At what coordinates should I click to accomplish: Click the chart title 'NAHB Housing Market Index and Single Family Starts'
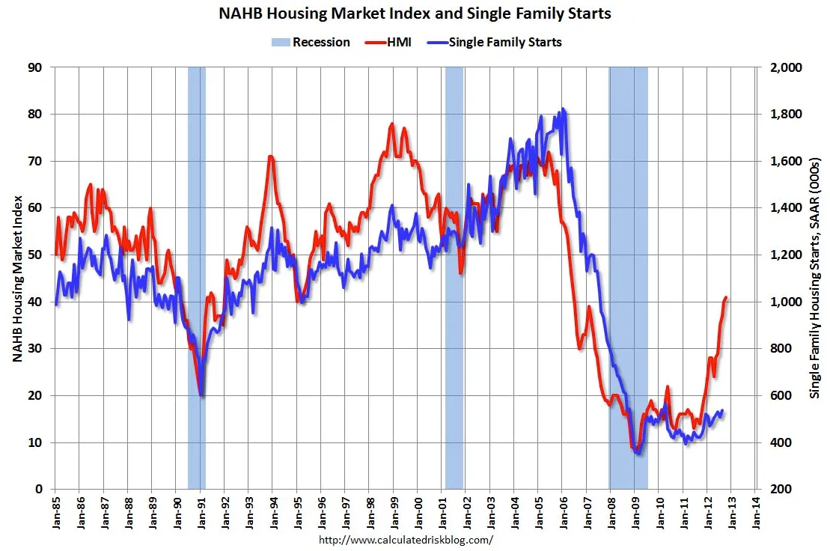click(x=415, y=13)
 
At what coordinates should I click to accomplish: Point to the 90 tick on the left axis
click(x=34, y=67)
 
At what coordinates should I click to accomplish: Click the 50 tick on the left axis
click(x=34, y=255)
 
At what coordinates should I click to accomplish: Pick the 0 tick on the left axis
click(x=37, y=490)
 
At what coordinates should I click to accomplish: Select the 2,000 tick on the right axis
click(x=785, y=67)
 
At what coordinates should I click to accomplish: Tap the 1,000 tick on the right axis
click(x=785, y=302)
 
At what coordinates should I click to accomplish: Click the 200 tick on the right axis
click(x=781, y=490)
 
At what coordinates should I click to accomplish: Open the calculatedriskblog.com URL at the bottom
click(x=406, y=539)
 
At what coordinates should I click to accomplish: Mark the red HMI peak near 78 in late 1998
click(x=392, y=124)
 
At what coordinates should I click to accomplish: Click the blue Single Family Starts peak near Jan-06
click(x=563, y=109)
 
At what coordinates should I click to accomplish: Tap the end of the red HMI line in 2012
click(x=726, y=297)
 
